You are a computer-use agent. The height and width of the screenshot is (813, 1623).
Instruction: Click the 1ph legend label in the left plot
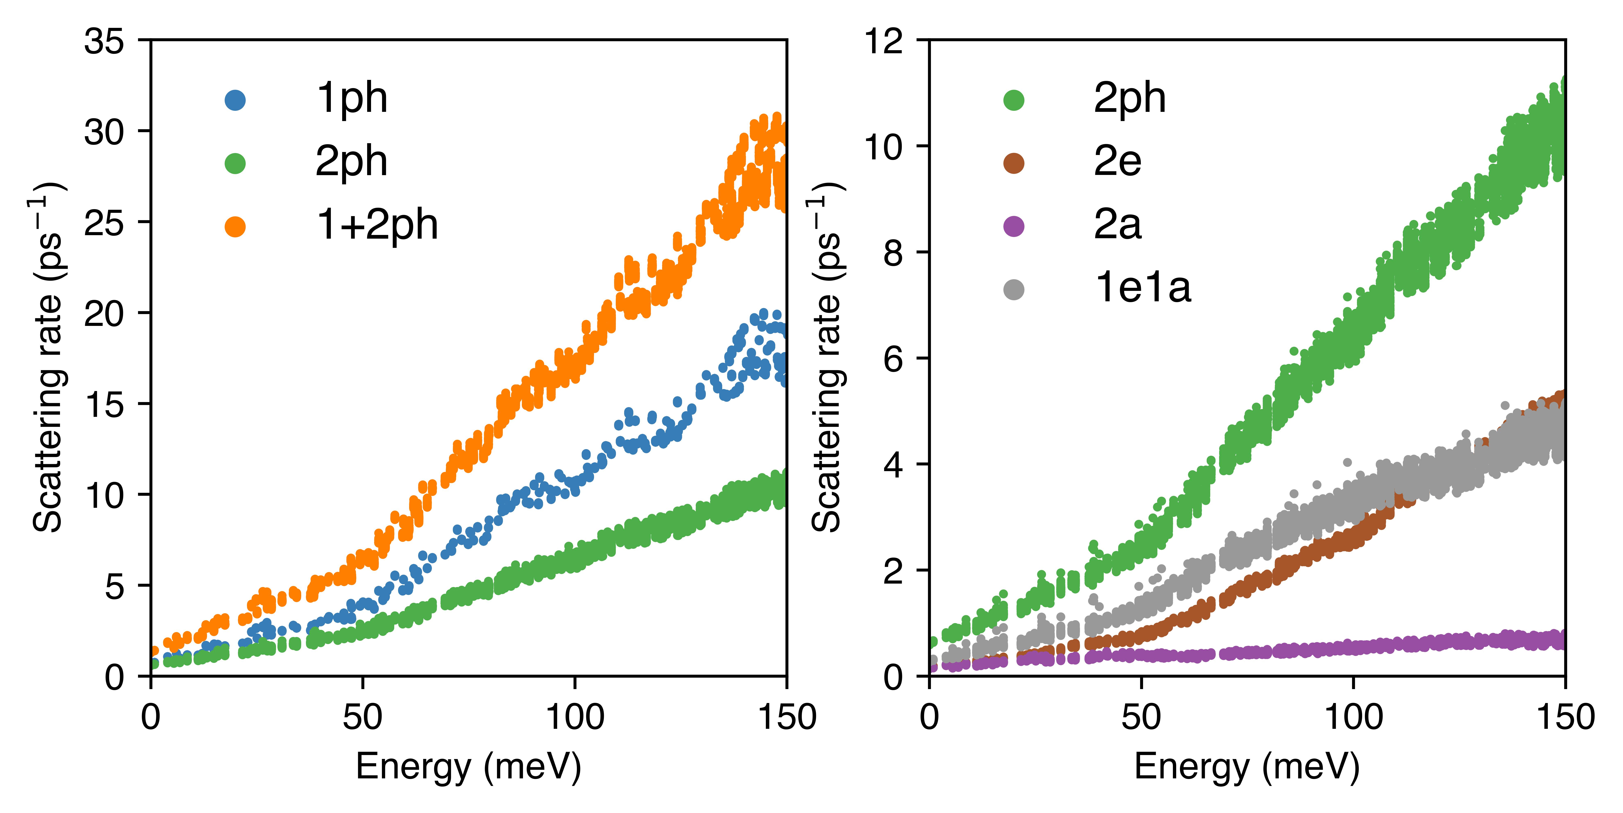[352, 99]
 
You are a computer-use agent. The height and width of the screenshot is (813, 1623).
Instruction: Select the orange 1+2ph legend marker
[235, 226]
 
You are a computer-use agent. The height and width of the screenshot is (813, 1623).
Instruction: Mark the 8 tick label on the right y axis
[895, 253]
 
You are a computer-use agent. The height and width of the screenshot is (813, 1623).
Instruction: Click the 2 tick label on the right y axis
[895, 572]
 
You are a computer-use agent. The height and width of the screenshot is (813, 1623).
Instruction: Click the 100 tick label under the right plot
[1353, 717]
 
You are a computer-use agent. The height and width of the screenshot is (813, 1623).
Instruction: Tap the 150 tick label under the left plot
[786, 717]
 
